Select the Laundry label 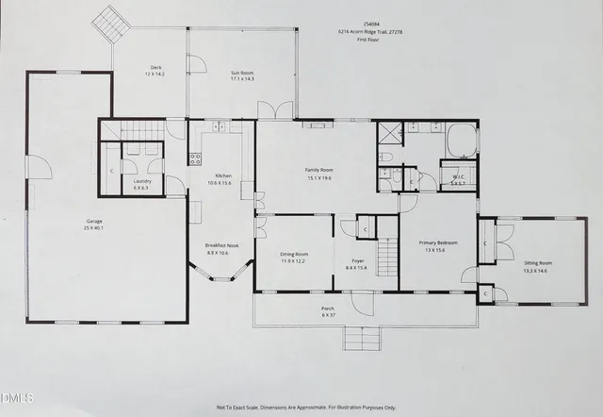(x=143, y=180)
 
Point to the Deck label (x=155, y=67)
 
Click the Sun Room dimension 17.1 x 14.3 (x=243, y=79)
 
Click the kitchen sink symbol (x=216, y=125)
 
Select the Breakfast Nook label (x=222, y=245)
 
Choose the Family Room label (x=319, y=170)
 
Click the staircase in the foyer (x=387, y=253)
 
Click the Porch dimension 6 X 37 (x=327, y=314)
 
